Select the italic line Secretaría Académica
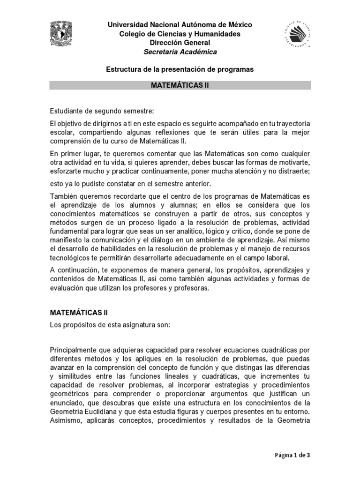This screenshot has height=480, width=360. (180, 52)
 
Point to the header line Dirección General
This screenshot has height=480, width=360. (180, 43)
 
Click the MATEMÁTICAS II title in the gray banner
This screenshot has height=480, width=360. (180, 85)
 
